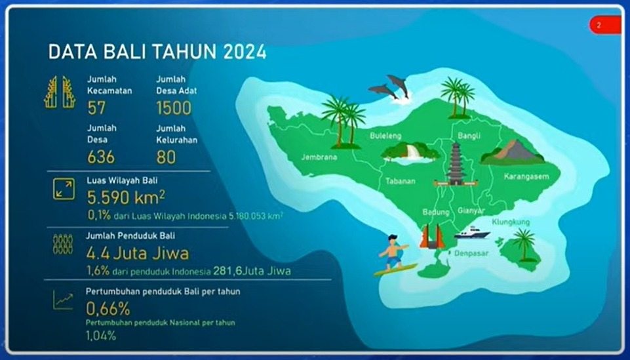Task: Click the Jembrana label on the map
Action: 319,157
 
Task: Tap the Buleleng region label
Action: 385,136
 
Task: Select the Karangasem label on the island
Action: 526,176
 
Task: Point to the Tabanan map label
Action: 400,181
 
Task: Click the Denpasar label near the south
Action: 471,253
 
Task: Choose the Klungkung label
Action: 511,222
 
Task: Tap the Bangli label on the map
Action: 469,136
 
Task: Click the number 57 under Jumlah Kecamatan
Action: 96,108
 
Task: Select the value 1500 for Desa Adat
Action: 174,108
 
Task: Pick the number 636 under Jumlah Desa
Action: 101,157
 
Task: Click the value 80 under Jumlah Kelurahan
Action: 166,157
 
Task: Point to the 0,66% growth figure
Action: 108,309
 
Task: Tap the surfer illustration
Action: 395,256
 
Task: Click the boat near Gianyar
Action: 472,233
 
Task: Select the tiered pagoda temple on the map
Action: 456,164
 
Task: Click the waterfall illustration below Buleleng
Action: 410,153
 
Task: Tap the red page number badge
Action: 605,25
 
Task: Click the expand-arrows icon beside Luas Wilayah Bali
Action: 64,190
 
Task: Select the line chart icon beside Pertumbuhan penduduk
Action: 63,300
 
